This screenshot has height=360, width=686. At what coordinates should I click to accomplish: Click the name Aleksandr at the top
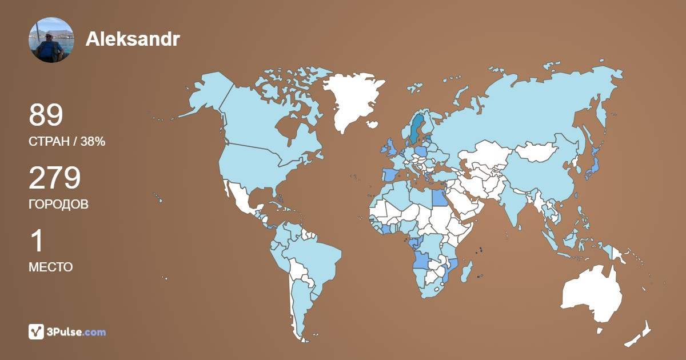point(132,39)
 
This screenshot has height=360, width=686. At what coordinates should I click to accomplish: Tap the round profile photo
point(51,39)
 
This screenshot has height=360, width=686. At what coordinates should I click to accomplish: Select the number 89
point(46,116)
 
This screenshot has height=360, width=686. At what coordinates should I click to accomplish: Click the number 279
point(54,179)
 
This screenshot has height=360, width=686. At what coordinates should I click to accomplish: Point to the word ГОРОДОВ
point(58,204)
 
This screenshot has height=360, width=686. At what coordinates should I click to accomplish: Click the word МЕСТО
point(50,267)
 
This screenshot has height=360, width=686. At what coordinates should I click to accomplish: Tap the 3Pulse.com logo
point(67,331)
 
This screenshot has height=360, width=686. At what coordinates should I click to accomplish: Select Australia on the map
point(592,294)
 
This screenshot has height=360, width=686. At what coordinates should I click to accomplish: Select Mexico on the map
point(243,200)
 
